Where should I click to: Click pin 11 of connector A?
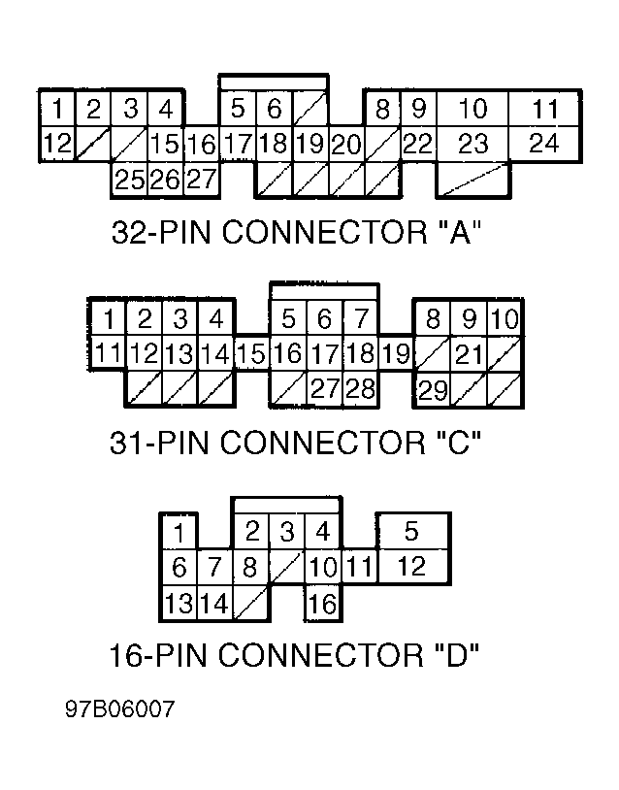[546, 108]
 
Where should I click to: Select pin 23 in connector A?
[472, 145]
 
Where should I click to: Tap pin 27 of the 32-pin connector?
[201, 180]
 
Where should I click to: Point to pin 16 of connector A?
[201, 146]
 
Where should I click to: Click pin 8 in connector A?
[382, 108]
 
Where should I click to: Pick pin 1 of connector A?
[58, 108]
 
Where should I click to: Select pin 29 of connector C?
[432, 390]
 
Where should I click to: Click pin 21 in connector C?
[470, 354]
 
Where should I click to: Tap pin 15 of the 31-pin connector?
[250, 354]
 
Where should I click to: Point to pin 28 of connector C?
[360, 390]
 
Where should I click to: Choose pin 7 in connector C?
[360, 318]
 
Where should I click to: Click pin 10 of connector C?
[505, 318]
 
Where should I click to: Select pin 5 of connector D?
[412, 531]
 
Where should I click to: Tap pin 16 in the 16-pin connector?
[321, 604]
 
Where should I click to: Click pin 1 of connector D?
[179, 532]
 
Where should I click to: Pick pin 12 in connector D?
[412, 567]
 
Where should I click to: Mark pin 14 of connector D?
[214, 604]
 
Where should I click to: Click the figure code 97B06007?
[120, 709]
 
